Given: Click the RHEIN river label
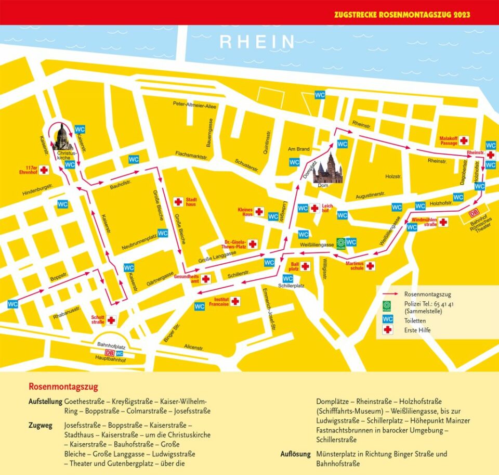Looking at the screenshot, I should pos(257,42).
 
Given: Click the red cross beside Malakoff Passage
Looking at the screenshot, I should pos(463,140).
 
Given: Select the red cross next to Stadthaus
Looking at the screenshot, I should pos(178,202).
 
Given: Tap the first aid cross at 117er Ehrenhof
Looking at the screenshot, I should pos(44,170).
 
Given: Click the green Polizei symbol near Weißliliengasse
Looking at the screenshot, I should pos(341,242).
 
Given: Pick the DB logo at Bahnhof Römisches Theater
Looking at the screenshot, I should pos(474,213).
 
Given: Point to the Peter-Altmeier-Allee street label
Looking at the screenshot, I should pos(194,105).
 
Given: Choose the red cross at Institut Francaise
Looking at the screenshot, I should pos(235,302).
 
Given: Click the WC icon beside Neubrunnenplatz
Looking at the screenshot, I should pos(163,234).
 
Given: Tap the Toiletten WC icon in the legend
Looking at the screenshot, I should pos(387,319).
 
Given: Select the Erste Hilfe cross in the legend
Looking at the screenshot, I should pos(387,330).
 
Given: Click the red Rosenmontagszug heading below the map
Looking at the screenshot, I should pos(63,387).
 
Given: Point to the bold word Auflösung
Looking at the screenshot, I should pos(297,454).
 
